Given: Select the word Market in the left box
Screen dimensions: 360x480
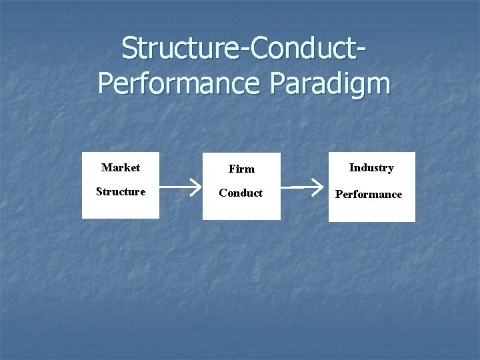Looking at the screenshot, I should coord(121,167).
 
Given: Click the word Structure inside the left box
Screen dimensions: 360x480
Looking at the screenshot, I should coord(121,192).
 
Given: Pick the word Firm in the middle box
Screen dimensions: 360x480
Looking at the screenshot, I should coord(241,169).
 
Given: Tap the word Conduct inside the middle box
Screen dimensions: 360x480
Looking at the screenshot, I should coord(241,193).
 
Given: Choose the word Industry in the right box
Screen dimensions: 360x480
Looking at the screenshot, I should coord(371,168).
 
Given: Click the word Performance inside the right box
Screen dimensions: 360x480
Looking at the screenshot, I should coord(369,195).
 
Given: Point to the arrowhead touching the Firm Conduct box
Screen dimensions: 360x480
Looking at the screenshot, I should coord(197,189).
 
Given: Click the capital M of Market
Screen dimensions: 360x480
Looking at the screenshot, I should coord(106,167).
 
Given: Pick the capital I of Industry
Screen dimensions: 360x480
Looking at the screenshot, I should coord(351,168).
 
